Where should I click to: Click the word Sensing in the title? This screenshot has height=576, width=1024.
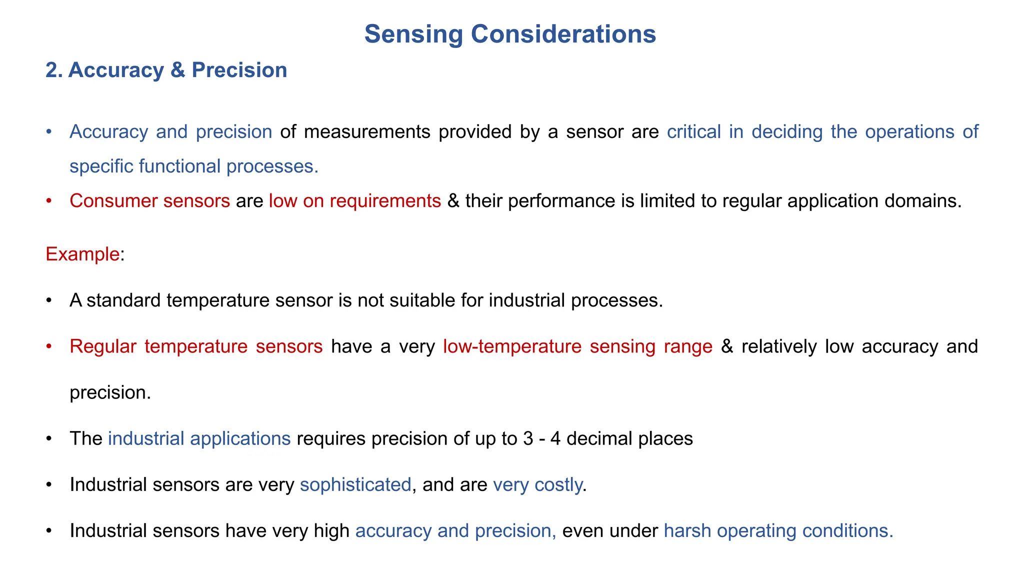click(413, 34)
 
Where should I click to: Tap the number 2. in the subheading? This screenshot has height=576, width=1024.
click(54, 70)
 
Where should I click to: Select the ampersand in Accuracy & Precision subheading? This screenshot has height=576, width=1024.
click(177, 70)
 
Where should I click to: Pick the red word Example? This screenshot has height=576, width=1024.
click(82, 254)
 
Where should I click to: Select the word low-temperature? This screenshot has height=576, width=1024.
click(512, 346)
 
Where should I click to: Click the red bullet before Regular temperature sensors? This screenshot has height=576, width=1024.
click(48, 346)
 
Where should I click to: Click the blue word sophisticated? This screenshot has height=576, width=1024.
click(355, 484)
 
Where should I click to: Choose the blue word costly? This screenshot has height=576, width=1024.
click(558, 484)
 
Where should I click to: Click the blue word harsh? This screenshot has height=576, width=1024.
click(687, 530)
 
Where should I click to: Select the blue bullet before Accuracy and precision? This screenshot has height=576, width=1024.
click(48, 132)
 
